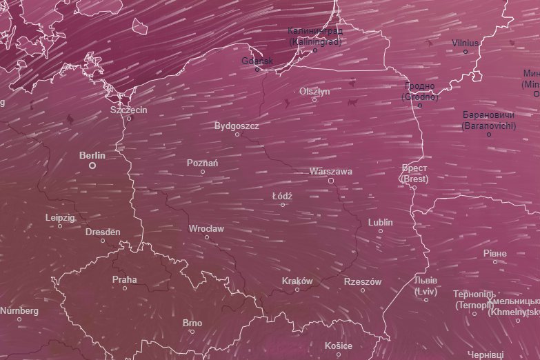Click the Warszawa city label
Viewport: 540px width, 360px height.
point(331,171)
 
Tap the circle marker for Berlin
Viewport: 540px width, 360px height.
point(92,166)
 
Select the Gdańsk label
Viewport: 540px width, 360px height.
point(258,61)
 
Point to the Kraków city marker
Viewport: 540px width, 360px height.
point(297,290)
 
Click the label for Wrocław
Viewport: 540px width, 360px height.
point(206,228)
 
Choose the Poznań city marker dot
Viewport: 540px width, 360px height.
point(203,172)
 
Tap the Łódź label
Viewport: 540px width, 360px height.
point(282,197)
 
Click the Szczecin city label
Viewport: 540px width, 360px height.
point(129,110)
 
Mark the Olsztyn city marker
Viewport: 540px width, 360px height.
point(314,99)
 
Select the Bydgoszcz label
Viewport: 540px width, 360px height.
point(237,126)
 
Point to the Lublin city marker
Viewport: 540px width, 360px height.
point(380,231)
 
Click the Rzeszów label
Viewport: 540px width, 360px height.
point(362,281)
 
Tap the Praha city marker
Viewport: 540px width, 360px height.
point(125,288)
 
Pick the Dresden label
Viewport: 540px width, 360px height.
point(103,232)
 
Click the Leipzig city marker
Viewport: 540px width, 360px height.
point(60,226)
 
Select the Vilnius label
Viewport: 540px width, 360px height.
point(465,43)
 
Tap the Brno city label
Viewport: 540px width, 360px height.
point(192,323)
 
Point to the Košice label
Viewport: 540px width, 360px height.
point(339,346)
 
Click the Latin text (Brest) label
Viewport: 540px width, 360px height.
point(414,179)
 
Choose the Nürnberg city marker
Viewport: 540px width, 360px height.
point(19,319)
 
